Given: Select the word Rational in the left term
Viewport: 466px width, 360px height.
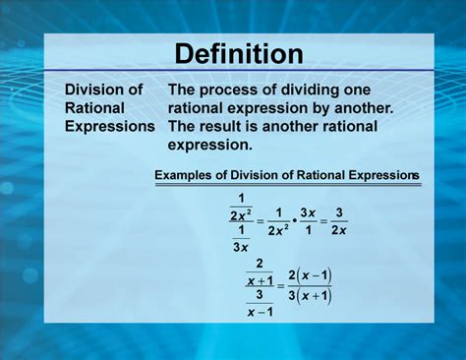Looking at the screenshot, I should click(95, 108).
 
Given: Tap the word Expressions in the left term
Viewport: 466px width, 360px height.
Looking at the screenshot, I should click(110, 127).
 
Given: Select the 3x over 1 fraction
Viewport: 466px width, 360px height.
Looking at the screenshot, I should click(307, 221).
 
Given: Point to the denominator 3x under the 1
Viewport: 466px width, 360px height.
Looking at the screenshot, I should click(240, 246).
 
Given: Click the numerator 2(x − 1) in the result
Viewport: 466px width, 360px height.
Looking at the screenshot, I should click(311, 276).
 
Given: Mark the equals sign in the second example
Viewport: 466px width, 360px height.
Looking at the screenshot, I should click(281, 286).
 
